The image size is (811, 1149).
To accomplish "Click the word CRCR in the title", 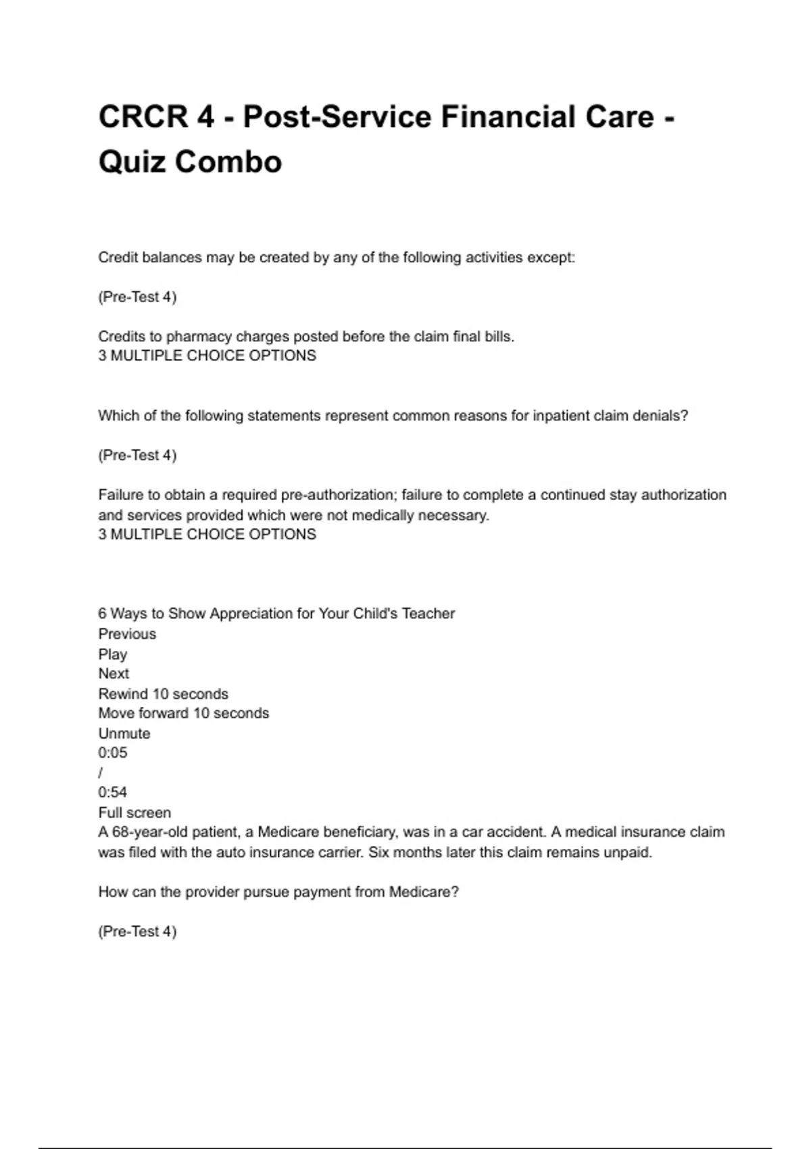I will [143, 117].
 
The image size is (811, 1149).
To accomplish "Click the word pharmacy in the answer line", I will [199, 337].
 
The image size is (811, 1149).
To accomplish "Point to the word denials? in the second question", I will [660, 416].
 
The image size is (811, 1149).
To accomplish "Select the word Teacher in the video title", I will [428, 614].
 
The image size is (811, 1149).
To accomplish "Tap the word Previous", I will [127, 634].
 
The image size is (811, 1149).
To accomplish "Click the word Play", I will [113, 654].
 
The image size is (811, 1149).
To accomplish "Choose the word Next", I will [114, 674].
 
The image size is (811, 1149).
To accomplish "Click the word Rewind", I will [123, 694].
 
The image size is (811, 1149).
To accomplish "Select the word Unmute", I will [124, 733].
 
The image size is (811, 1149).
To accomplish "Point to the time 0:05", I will [113, 753].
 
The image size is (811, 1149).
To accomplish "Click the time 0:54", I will [113, 792].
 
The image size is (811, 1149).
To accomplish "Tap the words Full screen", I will [134, 812].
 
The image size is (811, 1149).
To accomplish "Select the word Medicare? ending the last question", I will [424, 892].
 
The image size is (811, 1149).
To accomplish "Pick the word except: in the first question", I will [551, 258].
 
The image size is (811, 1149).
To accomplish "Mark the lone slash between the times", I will [101, 773].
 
